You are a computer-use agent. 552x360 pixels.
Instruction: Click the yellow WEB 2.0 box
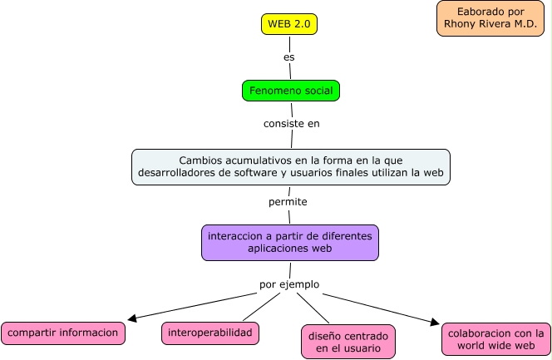tap(289, 24)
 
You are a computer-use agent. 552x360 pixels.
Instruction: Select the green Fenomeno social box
tap(291, 91)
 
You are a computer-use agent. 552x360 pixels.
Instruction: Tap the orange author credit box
tap(490, 18)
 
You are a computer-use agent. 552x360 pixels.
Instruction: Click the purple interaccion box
tap(289, 242)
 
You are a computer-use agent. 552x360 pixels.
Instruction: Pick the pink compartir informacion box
tap(64, 333)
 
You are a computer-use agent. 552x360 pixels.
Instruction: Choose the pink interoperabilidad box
tap(209, 333)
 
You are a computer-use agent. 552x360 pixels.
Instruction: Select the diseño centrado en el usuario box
tap(347, 342)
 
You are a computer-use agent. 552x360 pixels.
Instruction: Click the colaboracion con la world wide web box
tap(495, 339)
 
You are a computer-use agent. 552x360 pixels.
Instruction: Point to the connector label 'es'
tap(289, 57)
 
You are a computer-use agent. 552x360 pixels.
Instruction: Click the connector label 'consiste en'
tap(291, 123)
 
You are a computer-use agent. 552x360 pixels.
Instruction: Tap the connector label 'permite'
tap(288, 201)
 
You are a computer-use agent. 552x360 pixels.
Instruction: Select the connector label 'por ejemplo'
tap(288, 284)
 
